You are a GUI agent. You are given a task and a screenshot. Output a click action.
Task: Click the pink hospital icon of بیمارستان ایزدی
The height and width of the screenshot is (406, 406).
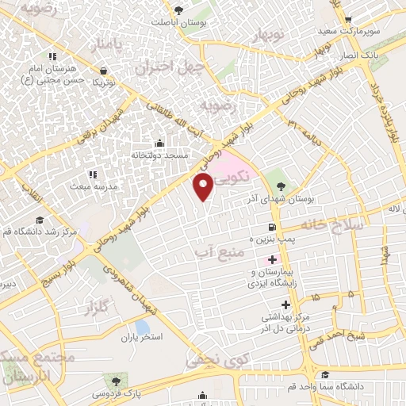coord(272,259)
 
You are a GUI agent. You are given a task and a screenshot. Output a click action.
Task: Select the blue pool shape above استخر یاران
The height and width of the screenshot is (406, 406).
coord(142,327)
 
